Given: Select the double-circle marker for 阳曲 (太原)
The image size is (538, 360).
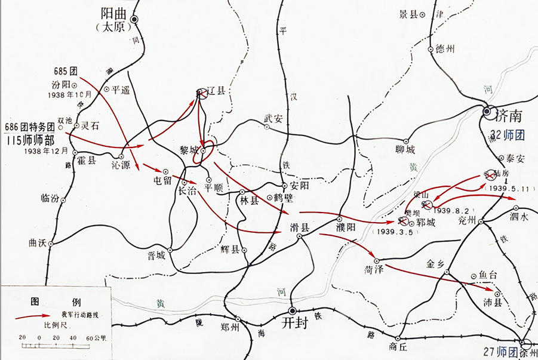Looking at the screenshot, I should pos(135,20).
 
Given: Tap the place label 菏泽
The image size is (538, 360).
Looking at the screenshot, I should pos(373,269).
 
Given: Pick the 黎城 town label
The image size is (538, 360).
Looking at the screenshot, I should pos(189,150).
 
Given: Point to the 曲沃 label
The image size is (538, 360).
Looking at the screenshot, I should pos(38,244).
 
